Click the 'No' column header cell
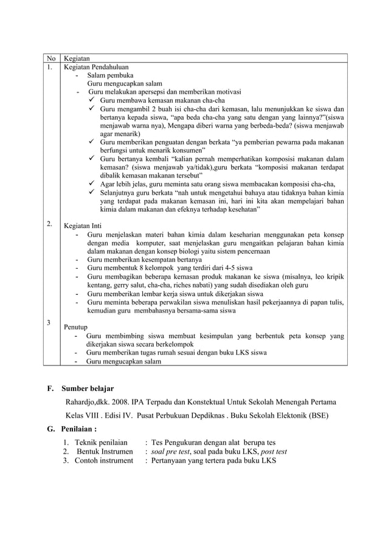49,58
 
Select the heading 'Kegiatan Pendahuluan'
96,67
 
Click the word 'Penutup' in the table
77,326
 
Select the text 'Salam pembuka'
111,75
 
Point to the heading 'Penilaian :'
83,429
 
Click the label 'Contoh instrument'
104,461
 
